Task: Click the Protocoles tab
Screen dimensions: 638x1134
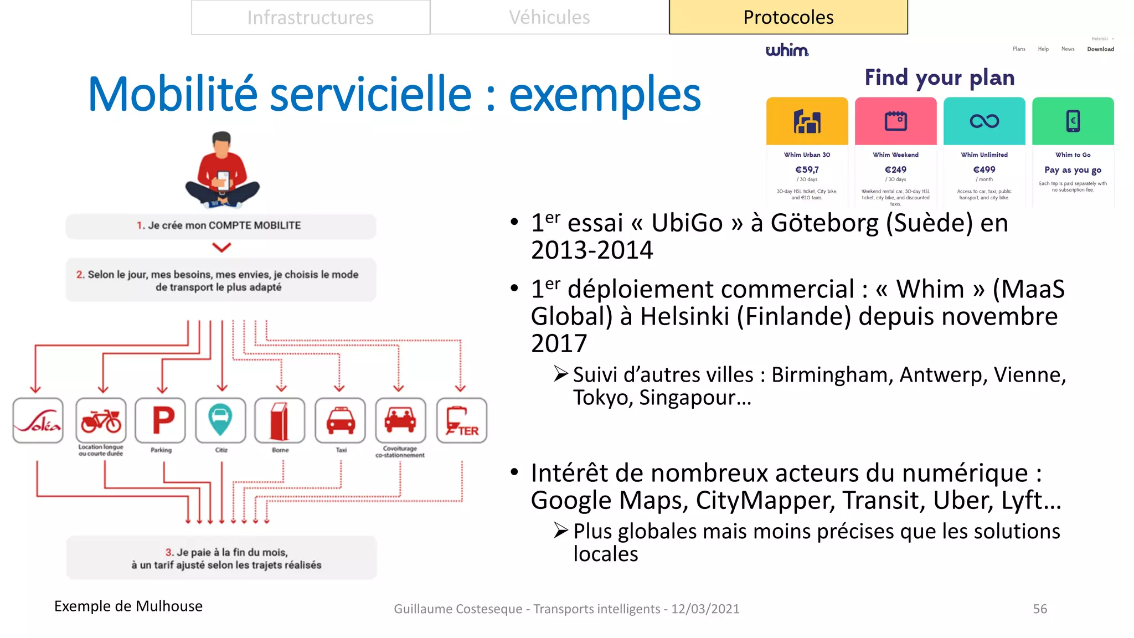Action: coord(788,18)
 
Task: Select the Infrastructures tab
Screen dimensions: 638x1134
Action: coord(310,18)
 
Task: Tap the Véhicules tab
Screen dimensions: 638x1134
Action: coord(549,18)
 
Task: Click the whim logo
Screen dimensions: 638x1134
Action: coord(787,50)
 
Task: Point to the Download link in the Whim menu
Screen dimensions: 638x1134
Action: coord(1100,49)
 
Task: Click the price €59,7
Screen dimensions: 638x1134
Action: coord(807,169)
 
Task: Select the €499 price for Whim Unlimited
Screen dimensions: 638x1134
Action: coord(984,169)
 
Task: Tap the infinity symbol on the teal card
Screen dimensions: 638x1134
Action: coord(984,121)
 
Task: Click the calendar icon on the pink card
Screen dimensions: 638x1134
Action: coord(895,121)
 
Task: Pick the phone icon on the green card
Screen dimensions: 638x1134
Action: coord(1073,121)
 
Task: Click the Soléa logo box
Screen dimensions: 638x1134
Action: coord(38,420)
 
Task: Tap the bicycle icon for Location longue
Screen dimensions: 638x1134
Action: coord(101,420)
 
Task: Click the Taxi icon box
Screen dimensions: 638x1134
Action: coord(341,420)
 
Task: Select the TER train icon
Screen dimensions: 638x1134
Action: coord(462,420)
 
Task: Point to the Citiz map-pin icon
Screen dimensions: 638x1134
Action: coord(220,420)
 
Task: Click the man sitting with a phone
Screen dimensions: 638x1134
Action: coord(222,170)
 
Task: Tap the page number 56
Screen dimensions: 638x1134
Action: coord(1040,609)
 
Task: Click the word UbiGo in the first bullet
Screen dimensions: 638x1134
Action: coord(687,223)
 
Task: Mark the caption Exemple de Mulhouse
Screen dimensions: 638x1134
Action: coord(128,606)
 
